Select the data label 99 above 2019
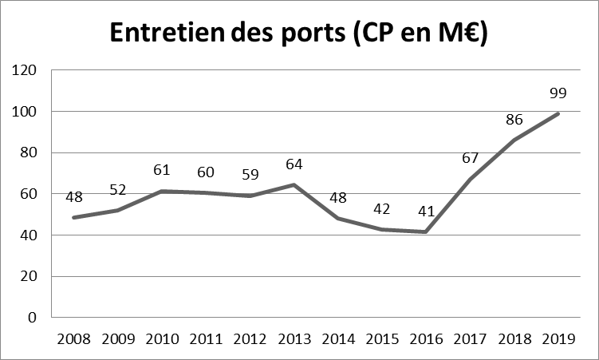558,93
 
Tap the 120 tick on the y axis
27,70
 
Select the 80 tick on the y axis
30,152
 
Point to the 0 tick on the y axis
33,317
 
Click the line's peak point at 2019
558,113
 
